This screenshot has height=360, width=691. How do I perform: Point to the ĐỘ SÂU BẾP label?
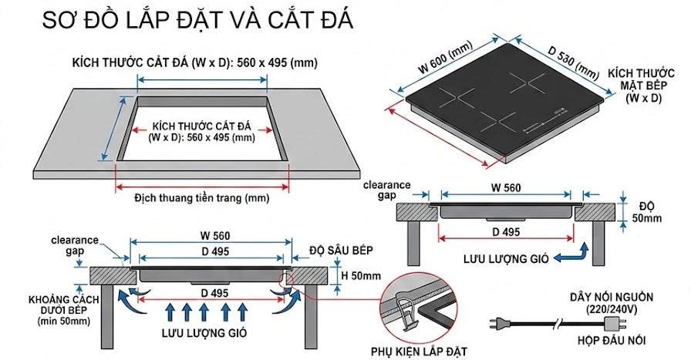pos(341,251)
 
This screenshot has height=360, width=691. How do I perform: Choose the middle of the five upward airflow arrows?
pos(204,313)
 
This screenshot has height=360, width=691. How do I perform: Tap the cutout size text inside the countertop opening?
pos(201,131)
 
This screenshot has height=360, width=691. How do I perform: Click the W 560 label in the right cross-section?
pos(505,187)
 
